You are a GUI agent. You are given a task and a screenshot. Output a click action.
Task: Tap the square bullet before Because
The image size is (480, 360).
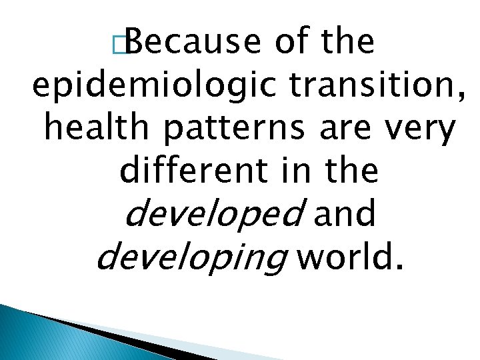pos(119,45)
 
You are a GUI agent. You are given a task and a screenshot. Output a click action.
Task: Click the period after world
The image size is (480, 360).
pos(399,269)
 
